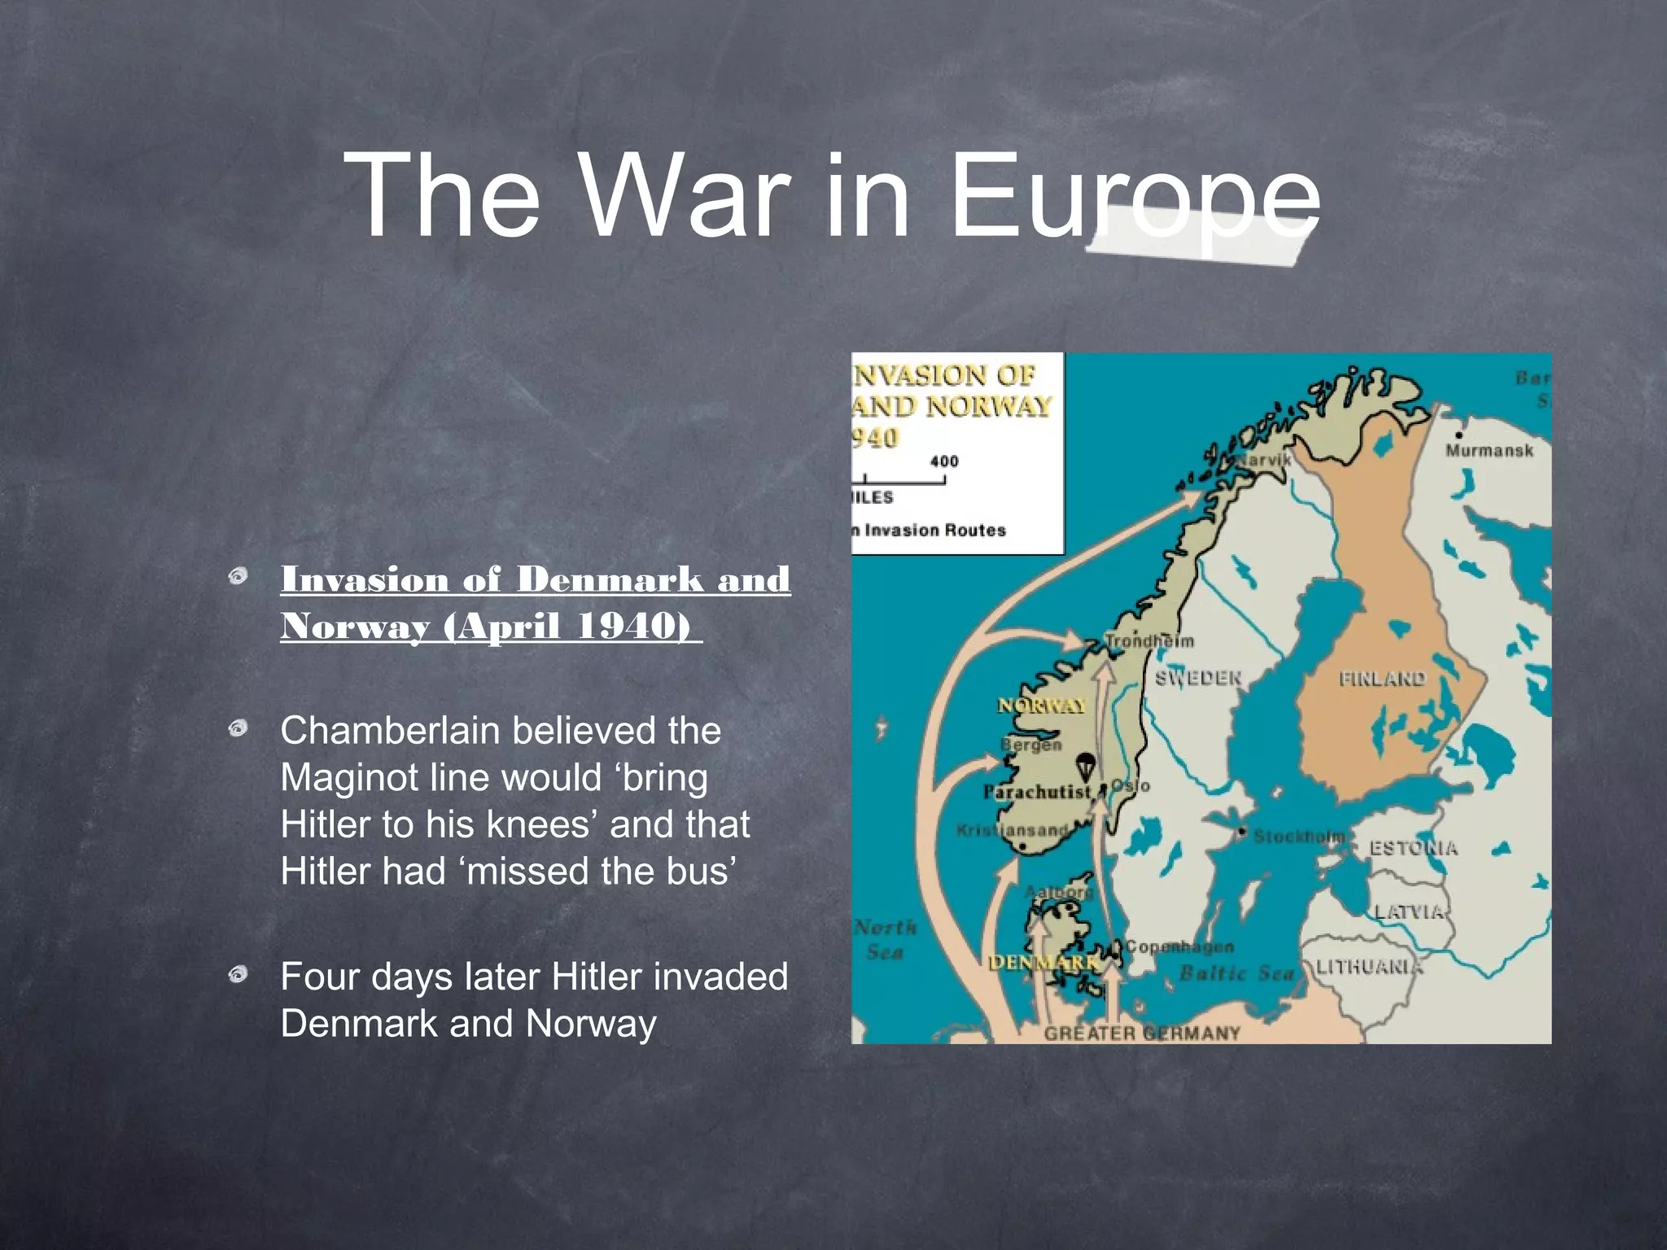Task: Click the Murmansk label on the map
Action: pos(1489,450)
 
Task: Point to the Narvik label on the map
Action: pos(1264,460)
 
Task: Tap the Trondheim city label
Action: pos(1150,641)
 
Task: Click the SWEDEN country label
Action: pos(1198,678)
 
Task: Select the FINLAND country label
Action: pos(1382,679)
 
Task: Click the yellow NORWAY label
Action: pos(1042,706)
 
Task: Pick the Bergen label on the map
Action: pos(1031,745)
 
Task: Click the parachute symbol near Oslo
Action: pos(1084,766)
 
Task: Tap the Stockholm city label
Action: pos(1298,837)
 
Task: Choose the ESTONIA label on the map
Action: pos(1413,848)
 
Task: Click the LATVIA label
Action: pos(1409,911)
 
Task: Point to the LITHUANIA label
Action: pos(1369,967)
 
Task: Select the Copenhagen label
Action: pos(1179,946)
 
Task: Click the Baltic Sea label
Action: pos(1236,972)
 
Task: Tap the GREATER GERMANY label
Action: pos(1142,1034)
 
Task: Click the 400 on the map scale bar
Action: pos(944,461)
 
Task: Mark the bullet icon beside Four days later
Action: pos(238,974)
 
